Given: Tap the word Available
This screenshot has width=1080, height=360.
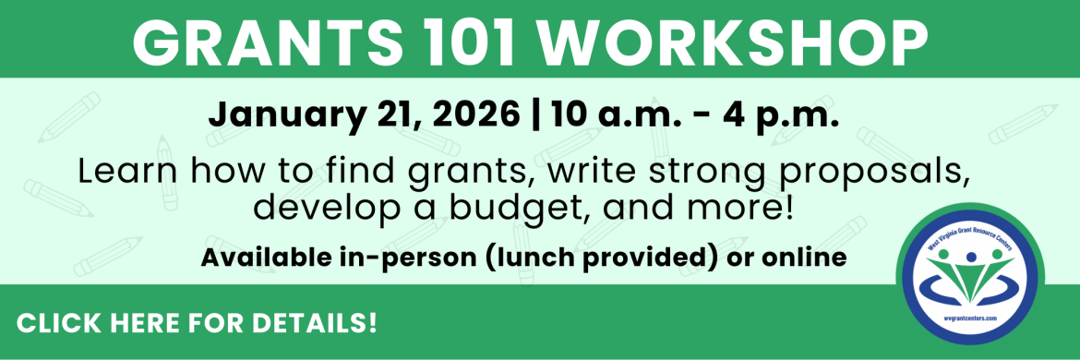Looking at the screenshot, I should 267,257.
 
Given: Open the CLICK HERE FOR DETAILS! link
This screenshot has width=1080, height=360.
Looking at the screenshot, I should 197,324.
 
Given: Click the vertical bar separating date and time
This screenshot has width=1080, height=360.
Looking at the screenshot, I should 537,117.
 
